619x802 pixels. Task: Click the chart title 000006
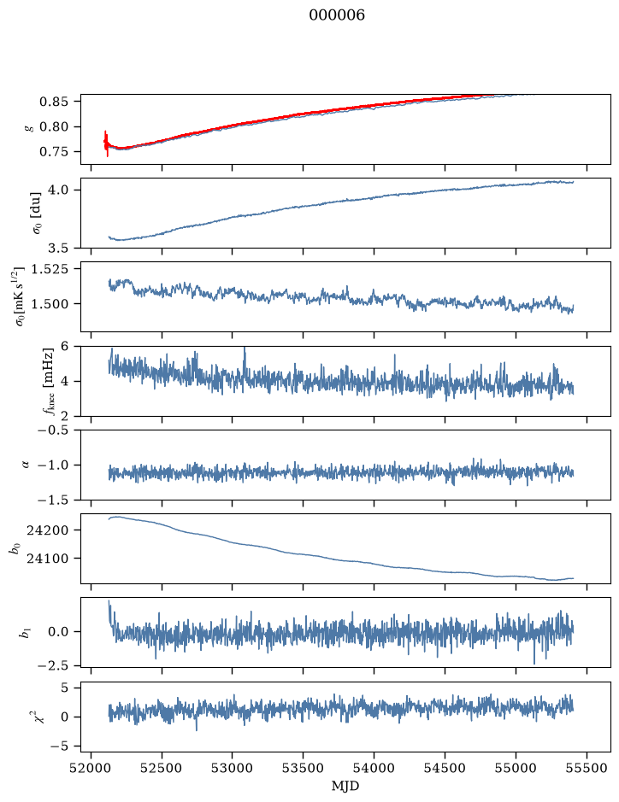click(x=337, y=15)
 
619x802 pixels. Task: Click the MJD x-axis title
click(x=345, y=786)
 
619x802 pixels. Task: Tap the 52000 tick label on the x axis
click(x=91, y=768)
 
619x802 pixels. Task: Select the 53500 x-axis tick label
click(x=304, y=768)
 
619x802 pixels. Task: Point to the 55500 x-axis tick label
click(x=587, y=768)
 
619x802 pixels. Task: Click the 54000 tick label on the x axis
click(x=374, y=768)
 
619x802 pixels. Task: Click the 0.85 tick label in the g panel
click(x=53, y=102)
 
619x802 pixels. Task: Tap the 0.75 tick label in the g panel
click(x=53, y=152)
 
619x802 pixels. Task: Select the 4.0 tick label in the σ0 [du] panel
click(x=58, y=190)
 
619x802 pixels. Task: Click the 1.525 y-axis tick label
click(x=50, y=269)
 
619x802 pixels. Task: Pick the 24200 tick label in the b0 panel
click(x=47, y=530)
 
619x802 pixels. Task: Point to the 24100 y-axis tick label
click(x=47, y=559)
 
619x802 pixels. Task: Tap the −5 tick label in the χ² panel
click(x=59, y=746)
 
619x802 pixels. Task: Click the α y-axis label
click(x=27, y=465)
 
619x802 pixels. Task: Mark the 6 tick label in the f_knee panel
click(x=63, y=346)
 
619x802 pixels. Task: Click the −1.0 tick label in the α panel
click(x=53, y=465)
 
